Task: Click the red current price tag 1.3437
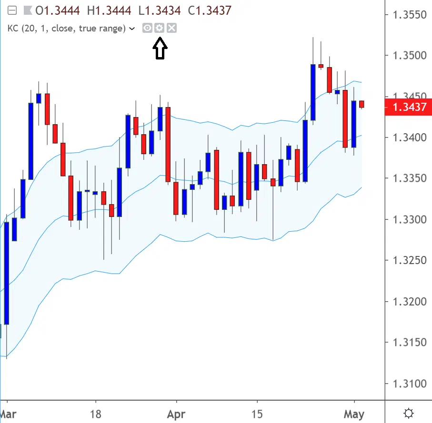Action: point(409,107)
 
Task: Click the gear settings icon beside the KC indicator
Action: point(160,28)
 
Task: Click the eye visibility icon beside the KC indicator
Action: point(148,28)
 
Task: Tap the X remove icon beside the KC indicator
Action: point(172,28)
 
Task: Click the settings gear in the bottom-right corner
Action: point(408,413)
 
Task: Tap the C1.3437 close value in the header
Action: point(208,10)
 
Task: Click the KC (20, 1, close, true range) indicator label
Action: point(66,28)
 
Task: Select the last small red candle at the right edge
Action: point(362,104)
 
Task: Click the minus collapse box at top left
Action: point(13,10)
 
